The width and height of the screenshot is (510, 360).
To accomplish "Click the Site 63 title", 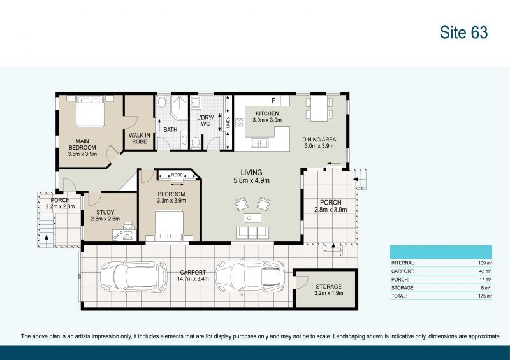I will pyautogui.click(x=463, y=33).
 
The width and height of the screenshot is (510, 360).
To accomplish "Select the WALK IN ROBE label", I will pyautogui.click(x=138, y=138).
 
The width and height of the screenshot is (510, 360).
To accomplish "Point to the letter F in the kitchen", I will pyautogui.click(x=273, y=101).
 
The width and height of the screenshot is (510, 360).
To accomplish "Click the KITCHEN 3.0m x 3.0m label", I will pyautogui.click(x=266, y=117).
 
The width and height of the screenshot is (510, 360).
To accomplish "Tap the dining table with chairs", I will pyautogui.click(x=317, y=108).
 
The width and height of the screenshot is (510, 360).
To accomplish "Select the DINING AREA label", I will pyautogui.click(x=319, y=143).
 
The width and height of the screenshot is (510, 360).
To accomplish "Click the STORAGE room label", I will pyautogui.click(x=328, y=291).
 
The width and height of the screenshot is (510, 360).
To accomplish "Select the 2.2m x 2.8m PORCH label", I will pyautogui.click(x=60, y=203).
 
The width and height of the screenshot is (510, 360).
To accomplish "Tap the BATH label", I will pyautogui.click(x=170, y=130).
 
